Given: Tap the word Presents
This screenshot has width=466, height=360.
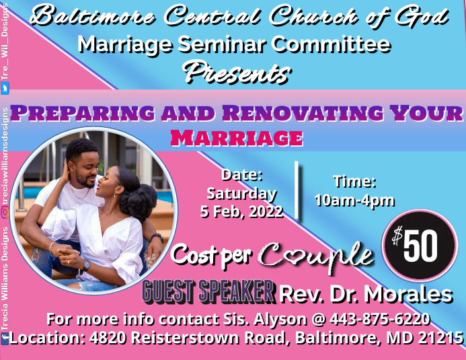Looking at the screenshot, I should point(237,70).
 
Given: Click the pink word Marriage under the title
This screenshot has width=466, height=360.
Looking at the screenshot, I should point(236,137).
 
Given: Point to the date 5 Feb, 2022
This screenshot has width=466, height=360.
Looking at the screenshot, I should point(241,211).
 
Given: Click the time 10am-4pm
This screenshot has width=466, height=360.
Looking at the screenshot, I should point(354,200).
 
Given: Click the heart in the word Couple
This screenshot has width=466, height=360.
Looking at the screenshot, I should point(297,256).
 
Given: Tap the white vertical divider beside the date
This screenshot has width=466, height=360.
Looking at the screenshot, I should point(297,190).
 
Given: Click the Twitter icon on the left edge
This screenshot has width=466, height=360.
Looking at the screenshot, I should point(5,88).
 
